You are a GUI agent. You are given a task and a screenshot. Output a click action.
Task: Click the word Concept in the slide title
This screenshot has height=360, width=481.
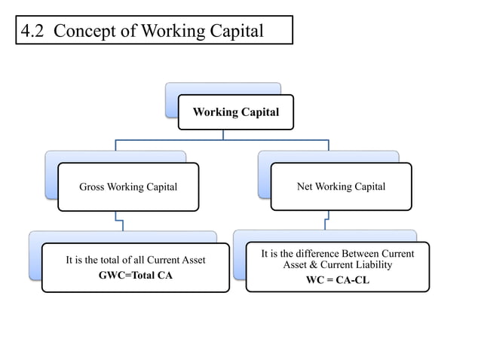click(x=84, y=31)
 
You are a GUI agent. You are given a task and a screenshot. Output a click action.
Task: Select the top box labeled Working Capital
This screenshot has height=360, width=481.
click(x=235, y=112)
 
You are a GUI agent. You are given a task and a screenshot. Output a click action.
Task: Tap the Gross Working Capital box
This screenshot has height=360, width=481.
click(x=128, y=186)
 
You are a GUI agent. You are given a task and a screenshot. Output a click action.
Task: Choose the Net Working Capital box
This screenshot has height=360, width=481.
click(x=342, y=186)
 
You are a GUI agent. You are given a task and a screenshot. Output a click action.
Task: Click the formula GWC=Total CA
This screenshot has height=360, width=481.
click(x=136, y=275)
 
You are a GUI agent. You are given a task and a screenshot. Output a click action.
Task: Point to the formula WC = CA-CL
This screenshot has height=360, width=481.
click(x=337, y=281)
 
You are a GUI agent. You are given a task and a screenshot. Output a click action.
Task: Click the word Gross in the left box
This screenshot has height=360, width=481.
click(x=93, y=187)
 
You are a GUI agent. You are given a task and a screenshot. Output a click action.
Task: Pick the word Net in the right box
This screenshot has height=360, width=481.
click(x=306, y=187)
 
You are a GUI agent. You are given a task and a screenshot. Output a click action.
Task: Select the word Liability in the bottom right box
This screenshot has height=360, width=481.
click(x=370, y=265)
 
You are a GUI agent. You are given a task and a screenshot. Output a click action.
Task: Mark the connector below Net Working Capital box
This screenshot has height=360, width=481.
click(x=326, y=220)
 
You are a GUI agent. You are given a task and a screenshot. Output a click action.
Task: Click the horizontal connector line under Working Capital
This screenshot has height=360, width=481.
click(x=222, y=139)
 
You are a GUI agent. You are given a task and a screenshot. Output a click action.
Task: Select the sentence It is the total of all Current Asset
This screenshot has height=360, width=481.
click(x=136, y=261)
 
